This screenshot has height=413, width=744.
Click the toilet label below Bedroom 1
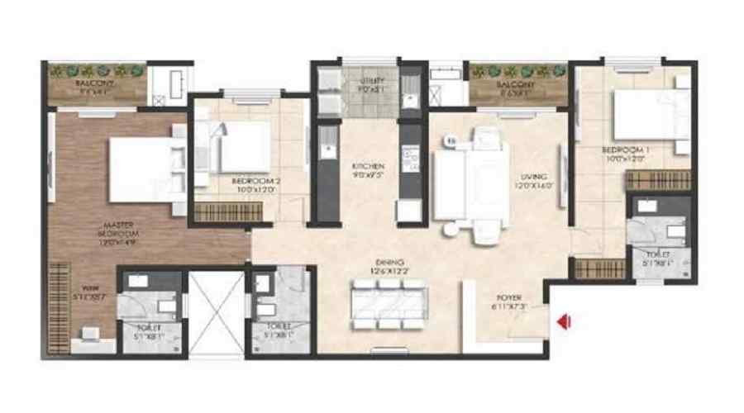coord(657,258)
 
